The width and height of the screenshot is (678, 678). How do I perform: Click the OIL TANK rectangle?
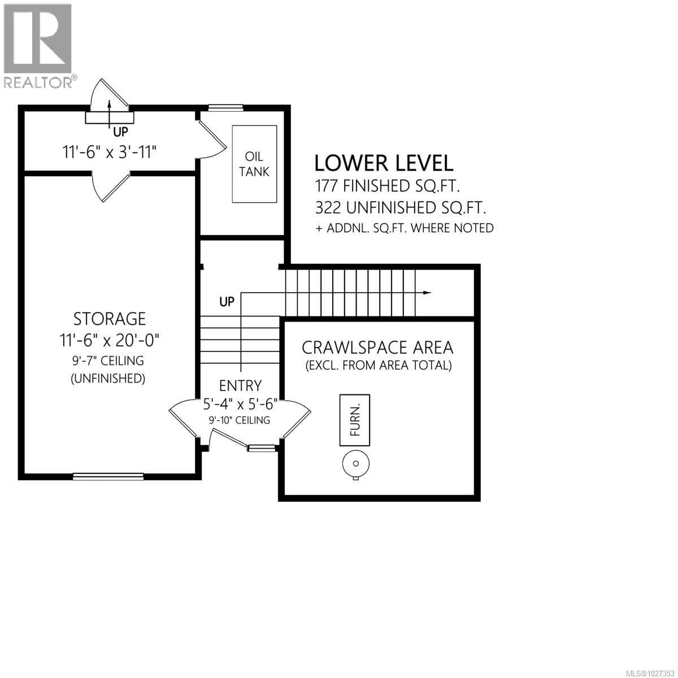point(254,164)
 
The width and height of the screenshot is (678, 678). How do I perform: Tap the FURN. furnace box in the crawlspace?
point(355,420)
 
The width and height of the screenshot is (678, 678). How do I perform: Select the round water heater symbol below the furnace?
point(356,464)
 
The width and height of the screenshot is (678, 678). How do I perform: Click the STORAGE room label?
point(109,319)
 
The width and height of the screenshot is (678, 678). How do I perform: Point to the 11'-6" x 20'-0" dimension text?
point(109,340)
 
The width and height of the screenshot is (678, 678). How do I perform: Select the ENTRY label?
point(241,385)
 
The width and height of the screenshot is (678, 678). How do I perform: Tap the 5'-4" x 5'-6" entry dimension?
point(241,405)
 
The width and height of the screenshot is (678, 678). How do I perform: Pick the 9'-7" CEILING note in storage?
point(108,360)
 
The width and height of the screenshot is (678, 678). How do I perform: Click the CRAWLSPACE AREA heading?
point(378,347)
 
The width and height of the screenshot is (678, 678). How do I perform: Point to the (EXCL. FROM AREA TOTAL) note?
point(379,366)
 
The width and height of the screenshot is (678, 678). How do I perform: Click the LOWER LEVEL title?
point(384,163)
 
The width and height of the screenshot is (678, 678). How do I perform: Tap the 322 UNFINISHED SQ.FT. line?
point(401,207)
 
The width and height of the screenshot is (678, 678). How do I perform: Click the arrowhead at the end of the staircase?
point(427,293)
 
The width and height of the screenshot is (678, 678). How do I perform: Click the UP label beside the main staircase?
point(227,302)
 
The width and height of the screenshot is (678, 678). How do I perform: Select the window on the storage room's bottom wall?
point(107,476)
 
